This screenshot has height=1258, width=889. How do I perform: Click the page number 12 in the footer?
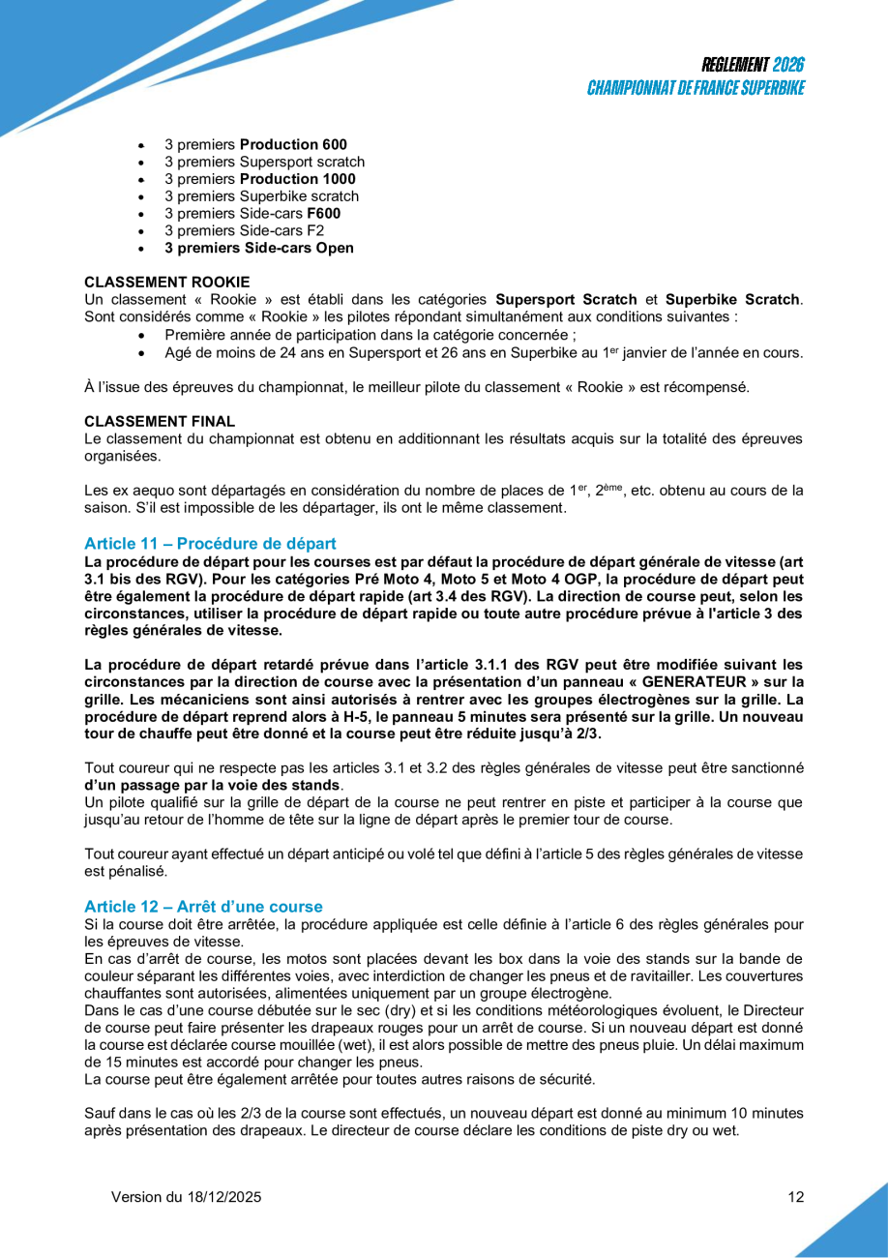(x=796, y=1197)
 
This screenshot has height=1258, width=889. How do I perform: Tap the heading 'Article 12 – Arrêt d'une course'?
(x=203, y=907)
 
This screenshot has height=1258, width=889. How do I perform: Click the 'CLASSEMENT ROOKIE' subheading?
(x=166, y=283)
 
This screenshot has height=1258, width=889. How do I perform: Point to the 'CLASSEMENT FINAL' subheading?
(x=160, y=421)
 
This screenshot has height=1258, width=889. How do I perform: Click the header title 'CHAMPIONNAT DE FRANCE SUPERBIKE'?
(x=696, y=88)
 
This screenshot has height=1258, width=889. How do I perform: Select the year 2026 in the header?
(x=789, y=66)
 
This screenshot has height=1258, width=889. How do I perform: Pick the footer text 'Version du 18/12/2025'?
(x=186, y=1197)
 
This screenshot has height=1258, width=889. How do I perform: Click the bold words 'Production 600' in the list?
(x=293, y=144)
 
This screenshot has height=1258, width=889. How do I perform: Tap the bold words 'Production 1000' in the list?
(x=297, y=179)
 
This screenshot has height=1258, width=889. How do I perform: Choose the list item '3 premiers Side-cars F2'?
(x=244, y=230)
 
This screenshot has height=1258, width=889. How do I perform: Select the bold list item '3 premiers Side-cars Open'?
(x=258, y=248)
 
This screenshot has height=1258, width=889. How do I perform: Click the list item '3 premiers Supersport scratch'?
(x=264, y=162)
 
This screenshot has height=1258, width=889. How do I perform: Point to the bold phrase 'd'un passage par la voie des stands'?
(x=213, y=785)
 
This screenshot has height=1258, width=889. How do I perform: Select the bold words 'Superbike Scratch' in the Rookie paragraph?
(x=732, y=300)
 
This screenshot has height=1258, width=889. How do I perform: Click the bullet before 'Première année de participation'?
(x=142, y=336)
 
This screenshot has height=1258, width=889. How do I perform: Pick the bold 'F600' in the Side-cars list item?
(x=323, y=213)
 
